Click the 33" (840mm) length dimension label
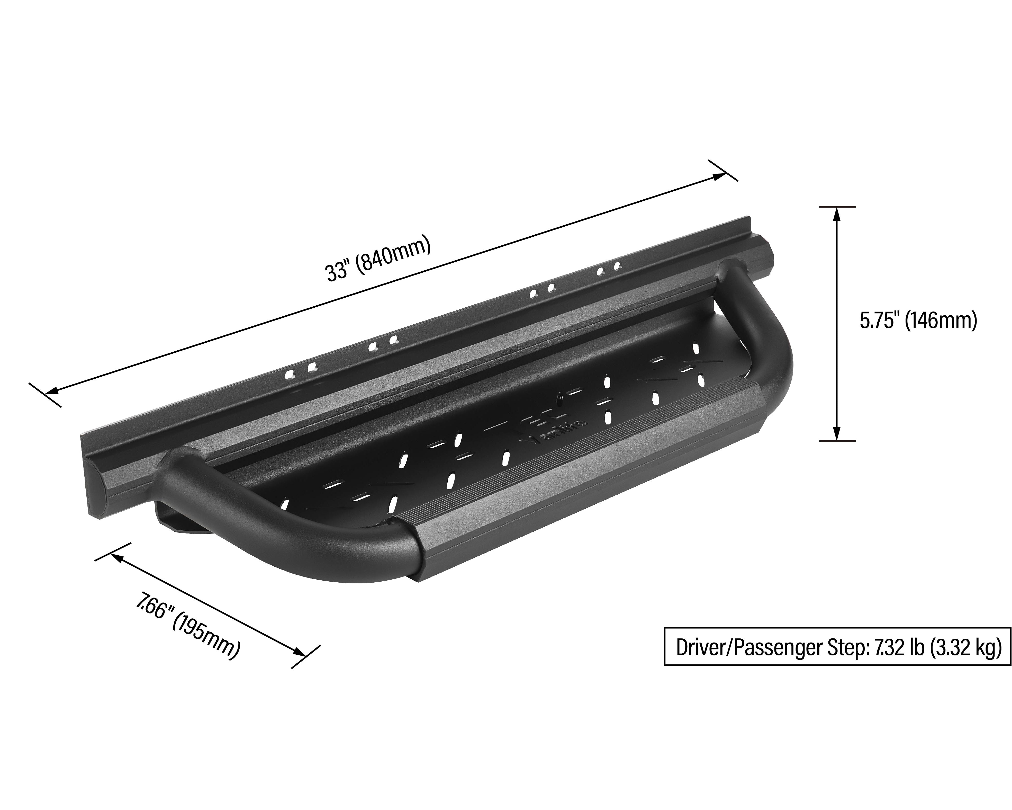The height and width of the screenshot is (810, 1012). coord(378,260)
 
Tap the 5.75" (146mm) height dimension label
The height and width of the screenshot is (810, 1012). coord(918,321)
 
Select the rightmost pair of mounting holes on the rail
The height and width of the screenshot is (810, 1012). coord(609,269)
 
